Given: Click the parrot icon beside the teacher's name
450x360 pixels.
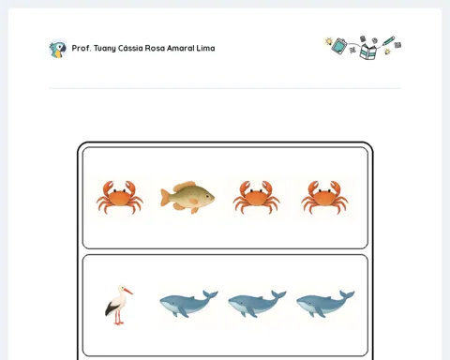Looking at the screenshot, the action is click(58, 49).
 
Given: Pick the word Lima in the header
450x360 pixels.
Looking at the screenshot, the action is click(205, 48).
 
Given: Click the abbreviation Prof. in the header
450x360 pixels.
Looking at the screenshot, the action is click(82, 48).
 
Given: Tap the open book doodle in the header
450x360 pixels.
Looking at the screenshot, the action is click(368, 52).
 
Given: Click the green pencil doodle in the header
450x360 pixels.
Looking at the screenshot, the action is click(388, 41).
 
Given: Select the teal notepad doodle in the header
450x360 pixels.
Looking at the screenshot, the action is click(339, 46).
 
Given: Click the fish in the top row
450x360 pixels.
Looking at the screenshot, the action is click(187, 197).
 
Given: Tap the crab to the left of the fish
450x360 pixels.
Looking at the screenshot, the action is click(120, 197).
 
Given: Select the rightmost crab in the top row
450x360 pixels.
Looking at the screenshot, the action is click(324, 197).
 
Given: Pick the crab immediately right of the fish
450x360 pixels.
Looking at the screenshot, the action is click(256, 197).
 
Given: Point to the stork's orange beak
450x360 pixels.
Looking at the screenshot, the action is click(128, 292).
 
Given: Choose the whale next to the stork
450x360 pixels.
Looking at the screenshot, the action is click(188, 304).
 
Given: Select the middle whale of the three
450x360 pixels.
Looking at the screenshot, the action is click(257, 304).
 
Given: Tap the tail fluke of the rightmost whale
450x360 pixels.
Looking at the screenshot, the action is click(347, 294).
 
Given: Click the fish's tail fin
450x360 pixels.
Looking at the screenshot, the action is click(166, 198).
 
